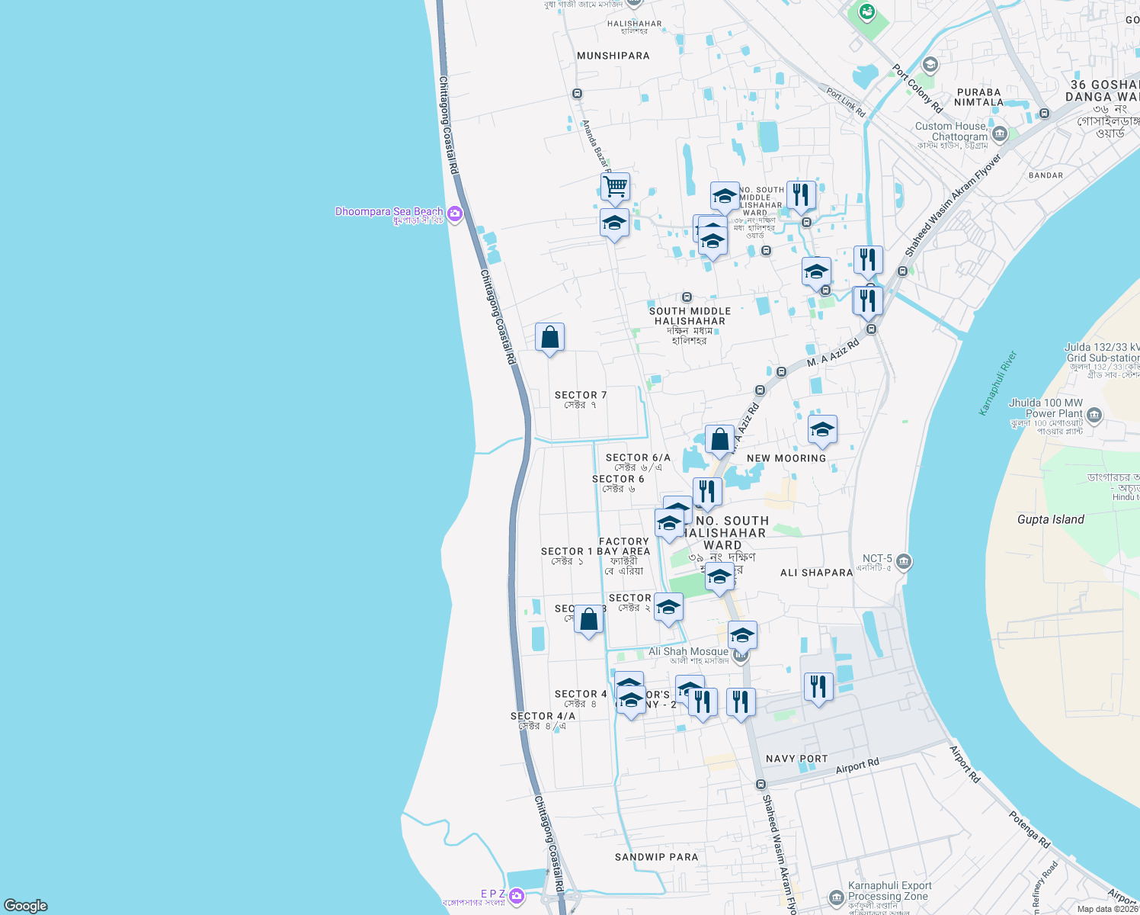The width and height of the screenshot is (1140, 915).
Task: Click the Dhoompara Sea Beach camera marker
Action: tap(455, 213)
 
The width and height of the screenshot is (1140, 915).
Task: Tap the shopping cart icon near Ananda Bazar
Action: tap(615, 185)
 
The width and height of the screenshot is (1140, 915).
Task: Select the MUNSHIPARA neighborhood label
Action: tap(613, 56)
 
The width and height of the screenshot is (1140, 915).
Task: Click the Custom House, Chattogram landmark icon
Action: tap(1000, 134)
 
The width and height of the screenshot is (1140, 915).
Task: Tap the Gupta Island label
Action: tap(1050, 519)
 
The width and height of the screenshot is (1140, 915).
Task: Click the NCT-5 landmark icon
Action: tap(904, 562)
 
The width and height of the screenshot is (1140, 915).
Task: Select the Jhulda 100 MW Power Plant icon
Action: tap(1094, 416)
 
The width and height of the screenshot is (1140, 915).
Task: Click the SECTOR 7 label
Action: tap(581, 395)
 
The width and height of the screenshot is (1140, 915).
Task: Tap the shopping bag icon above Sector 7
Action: tap(549, 337)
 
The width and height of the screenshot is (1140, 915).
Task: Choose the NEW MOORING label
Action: tap(786, 458)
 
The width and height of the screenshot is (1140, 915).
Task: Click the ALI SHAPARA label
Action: tap(816, 573)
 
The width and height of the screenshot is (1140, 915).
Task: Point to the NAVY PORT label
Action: tap(796, 759)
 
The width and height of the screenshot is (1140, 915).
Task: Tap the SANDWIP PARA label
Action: tap(656, 857)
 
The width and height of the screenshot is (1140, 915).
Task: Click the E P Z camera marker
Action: tap(517, 894)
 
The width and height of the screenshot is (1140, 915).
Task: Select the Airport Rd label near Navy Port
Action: tap(857, 766)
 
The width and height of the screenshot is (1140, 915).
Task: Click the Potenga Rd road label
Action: tap(1030, 830)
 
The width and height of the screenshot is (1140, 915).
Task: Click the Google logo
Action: tap(26, 906)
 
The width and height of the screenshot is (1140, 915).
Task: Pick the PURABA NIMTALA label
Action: tap(978, 97)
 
